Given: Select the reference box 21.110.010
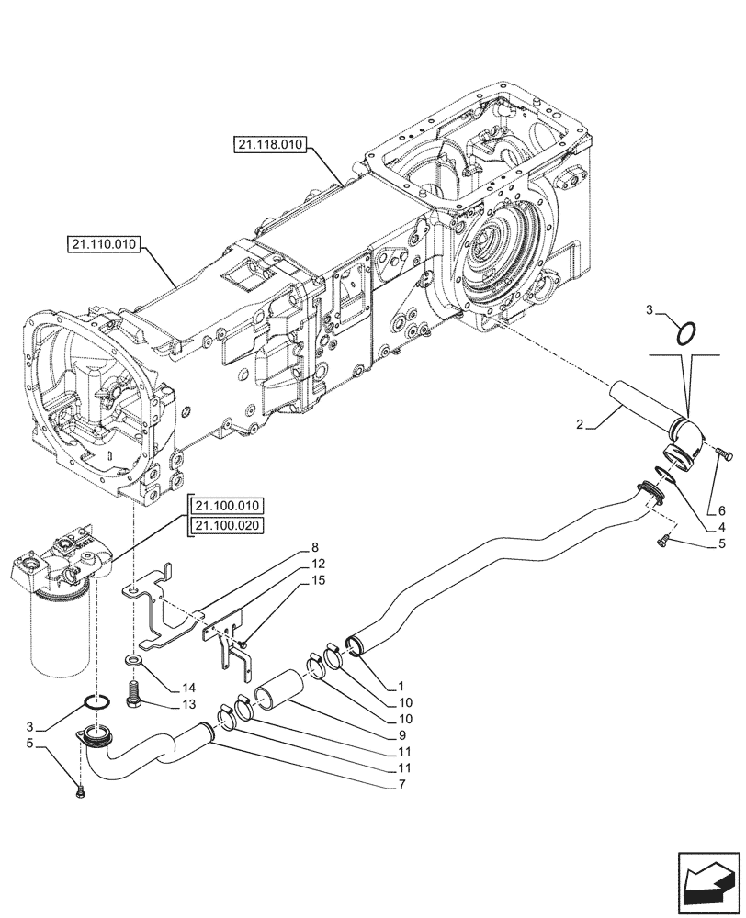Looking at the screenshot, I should tap(103, 244).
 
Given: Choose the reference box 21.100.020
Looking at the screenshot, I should tap(226, 525).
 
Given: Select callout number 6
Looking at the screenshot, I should tap(720, 510).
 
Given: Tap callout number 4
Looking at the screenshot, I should tap(720, 527).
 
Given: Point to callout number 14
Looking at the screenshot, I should tap(188, 687).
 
